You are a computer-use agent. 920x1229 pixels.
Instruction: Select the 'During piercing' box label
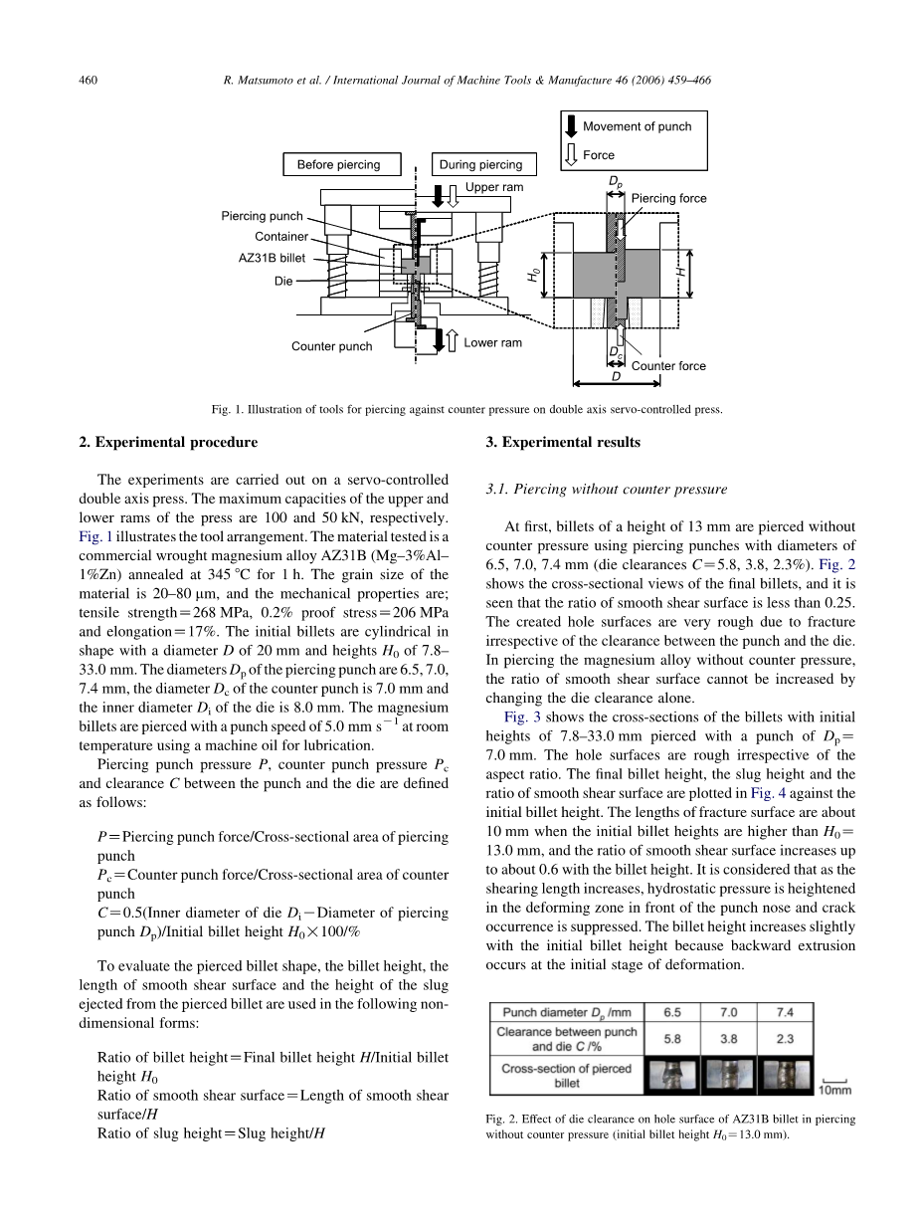click(480, 165)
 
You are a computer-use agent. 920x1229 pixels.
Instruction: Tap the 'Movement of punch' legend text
click(637, 126)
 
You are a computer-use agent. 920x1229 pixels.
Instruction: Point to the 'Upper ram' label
click(493, 187)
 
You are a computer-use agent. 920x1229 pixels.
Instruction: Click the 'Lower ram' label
click(492, 342)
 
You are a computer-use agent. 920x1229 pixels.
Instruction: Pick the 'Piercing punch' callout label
click(262, 216)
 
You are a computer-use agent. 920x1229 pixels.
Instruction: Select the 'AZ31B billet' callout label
click(272, 257)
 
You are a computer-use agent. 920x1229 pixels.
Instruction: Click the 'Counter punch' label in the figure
click(331, 346)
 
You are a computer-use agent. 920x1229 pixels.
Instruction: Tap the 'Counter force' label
click(668, 366)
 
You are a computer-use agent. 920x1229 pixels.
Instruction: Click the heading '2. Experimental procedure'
click(167, 442)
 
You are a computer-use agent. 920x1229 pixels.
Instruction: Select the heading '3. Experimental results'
click(563, 442)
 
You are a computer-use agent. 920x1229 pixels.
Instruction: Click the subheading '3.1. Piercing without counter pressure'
click(607, 489)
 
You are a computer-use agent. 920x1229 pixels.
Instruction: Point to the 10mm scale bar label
click(836, 1090)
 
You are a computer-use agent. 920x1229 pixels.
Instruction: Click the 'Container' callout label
click(281, 236)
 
